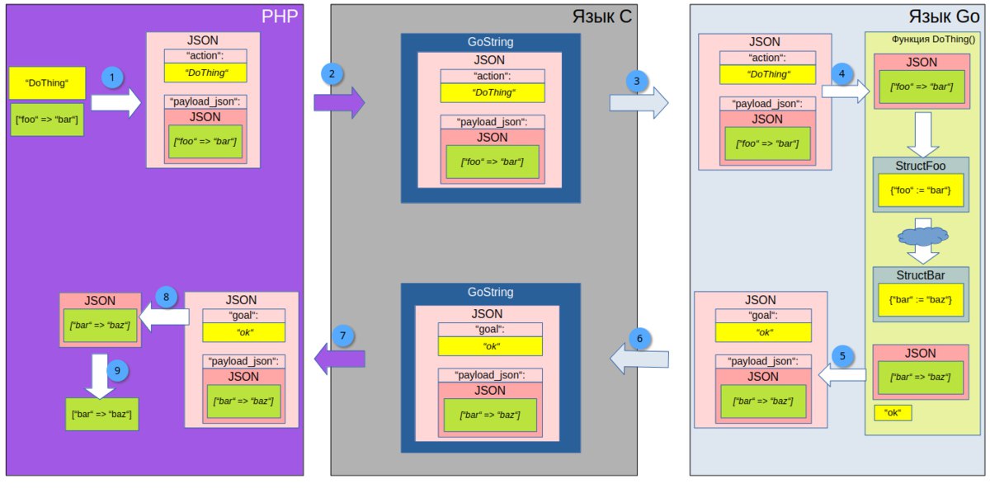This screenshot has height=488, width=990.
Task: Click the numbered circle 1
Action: tap(112, 77)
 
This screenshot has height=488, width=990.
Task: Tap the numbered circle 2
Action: tap(332, 74)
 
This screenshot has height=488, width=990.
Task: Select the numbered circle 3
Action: tap(637, 82)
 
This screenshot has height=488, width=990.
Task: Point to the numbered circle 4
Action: tap(841, 73)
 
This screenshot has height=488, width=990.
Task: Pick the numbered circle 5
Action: tap(842, 356)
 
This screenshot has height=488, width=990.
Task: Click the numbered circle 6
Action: tap(639, 339)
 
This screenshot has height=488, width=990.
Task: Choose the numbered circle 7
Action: tap(342, 336)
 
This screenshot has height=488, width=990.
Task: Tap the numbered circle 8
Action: tap(166, 297)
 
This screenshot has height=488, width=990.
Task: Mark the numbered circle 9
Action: tap(117, 370)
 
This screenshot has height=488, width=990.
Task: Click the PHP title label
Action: tap(280, 16)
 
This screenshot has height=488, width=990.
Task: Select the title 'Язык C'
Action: tap(602, 16)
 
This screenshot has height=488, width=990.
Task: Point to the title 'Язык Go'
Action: tap(944, 16)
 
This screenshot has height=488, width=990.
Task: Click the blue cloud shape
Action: tap(923, 237)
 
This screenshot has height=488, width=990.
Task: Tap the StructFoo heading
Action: tap(921, 166)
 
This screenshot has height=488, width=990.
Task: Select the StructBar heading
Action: tap(921, 275)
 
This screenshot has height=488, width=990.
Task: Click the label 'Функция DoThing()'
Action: tap(933, 40)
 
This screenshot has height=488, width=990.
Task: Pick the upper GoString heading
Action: tap(491, 42)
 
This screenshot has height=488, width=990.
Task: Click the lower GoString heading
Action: tap(491, 292)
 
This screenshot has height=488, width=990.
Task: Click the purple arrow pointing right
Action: tap(339, 102)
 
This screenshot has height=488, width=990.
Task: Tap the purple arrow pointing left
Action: tap(339, 359)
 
